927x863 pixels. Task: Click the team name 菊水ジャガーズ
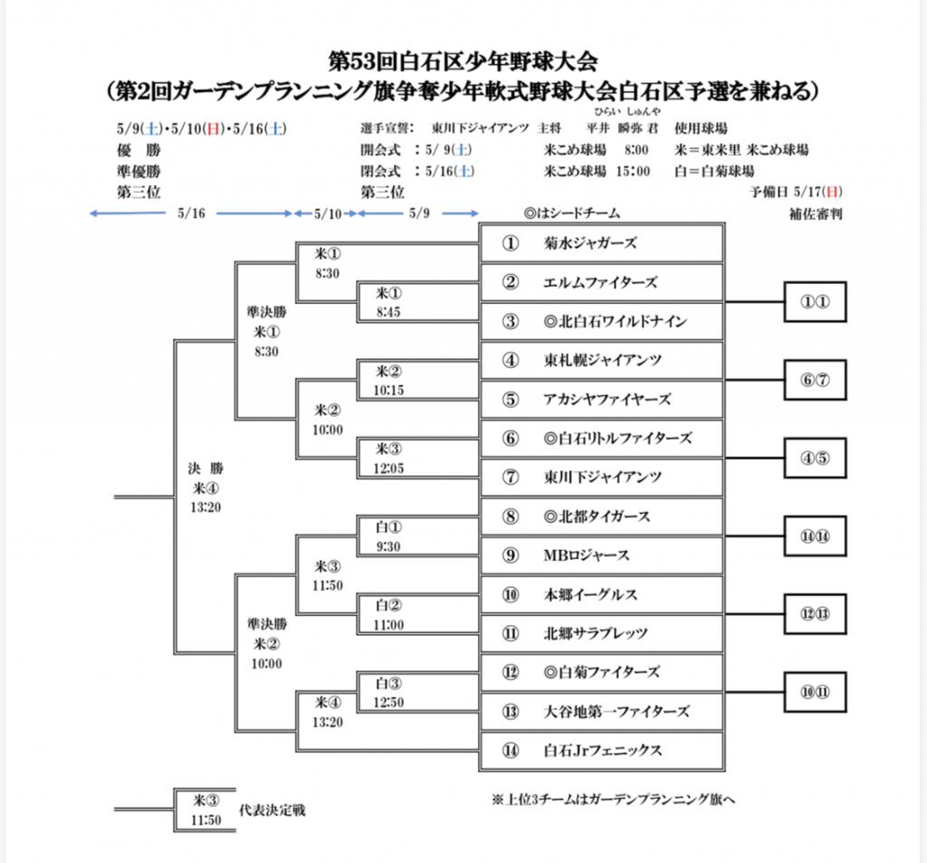point(590,242)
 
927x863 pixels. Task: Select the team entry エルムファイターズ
point(600,282)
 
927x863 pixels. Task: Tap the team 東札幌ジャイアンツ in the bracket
point(602,360)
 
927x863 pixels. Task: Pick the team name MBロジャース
point(587,555)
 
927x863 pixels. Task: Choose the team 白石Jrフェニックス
point(602,750)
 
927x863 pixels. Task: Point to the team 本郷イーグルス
point(590,594)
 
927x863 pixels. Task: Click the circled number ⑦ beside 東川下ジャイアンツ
point(511,478)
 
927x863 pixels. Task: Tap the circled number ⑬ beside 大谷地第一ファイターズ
point(511,711)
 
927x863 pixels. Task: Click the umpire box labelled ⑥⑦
point(816,380)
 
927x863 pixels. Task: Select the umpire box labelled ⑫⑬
point(816,613)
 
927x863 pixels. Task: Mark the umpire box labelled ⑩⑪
point(816,692)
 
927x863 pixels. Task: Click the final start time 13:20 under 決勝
point(205,507)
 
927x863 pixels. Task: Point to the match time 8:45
point(388,312)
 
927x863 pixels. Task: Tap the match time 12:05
point(388,469)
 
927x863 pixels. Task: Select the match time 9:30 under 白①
point(388,546)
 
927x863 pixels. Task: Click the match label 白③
point(388,683)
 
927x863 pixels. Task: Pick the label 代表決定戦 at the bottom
point(272,810)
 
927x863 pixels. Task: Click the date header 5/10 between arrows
point(328,213)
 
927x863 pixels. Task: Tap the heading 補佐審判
point(816,213)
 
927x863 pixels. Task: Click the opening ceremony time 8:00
point(636,150)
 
